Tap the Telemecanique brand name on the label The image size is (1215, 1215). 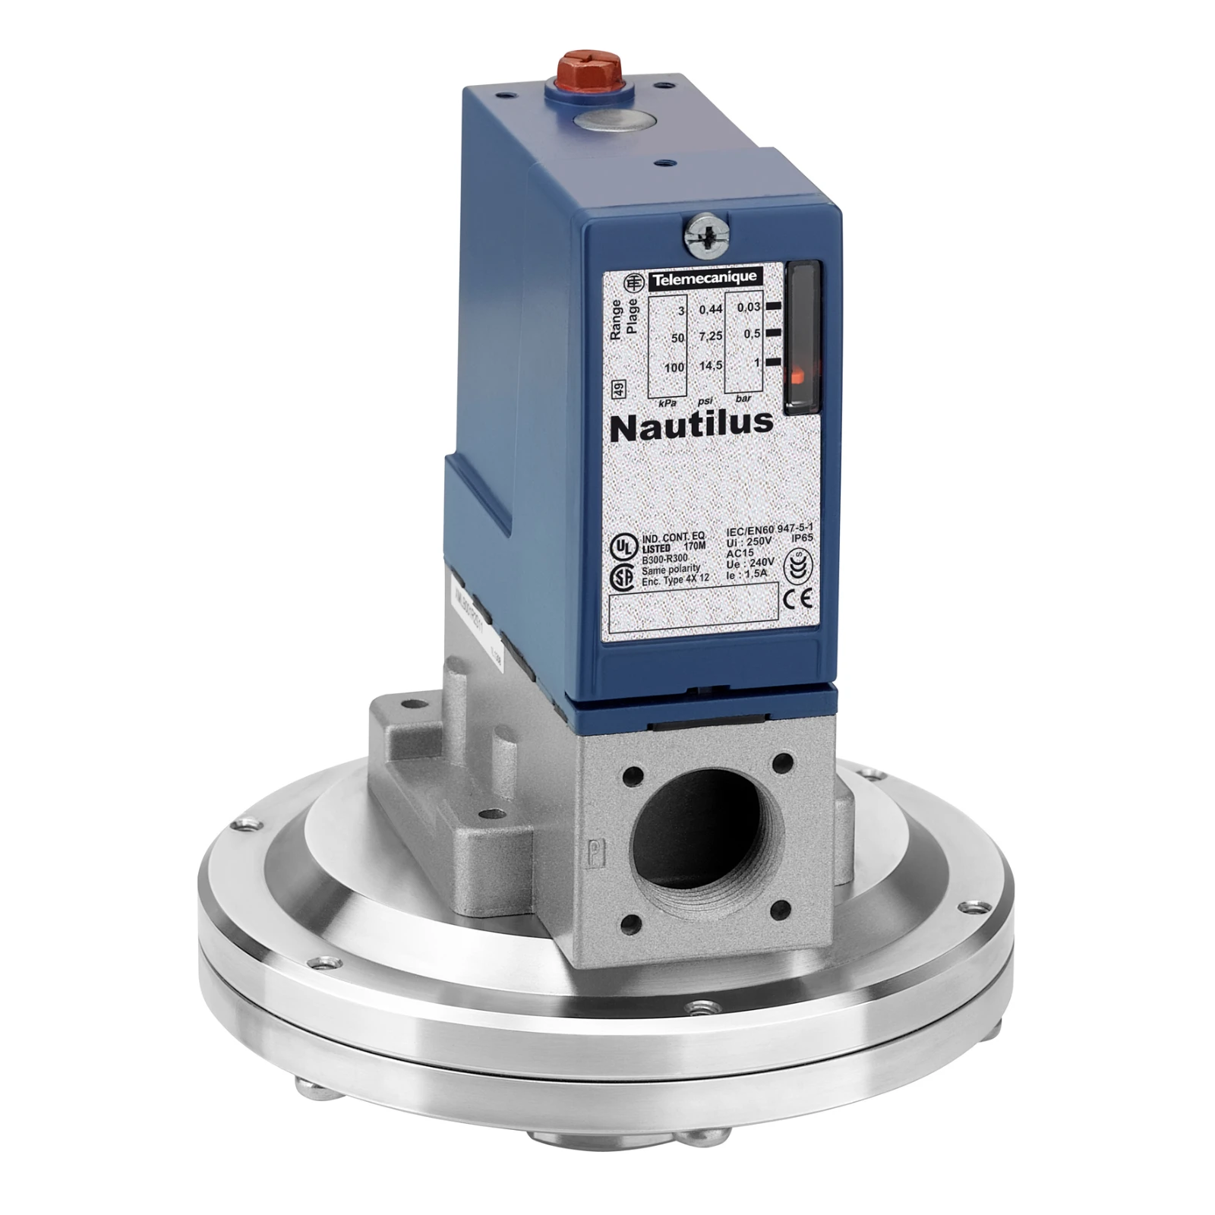coord(705,279)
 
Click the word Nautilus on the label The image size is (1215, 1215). coord(692,425)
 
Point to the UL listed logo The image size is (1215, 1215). coord(623,546)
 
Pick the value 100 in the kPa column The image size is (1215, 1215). coord(674,368)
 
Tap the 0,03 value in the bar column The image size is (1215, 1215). coord(748,307)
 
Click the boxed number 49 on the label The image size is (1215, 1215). coord(618,390)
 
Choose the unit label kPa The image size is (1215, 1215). coord(667,402)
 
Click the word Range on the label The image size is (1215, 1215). coord(617,318)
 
